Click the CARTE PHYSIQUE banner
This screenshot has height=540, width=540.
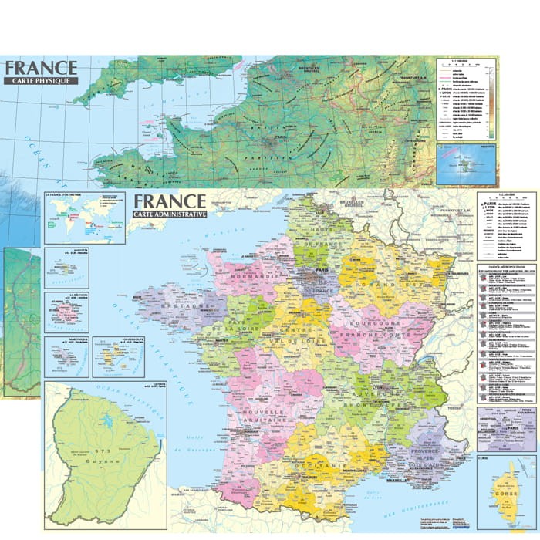(x=41, y=79)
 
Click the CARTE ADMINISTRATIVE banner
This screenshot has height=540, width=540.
(x=170, y=214)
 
